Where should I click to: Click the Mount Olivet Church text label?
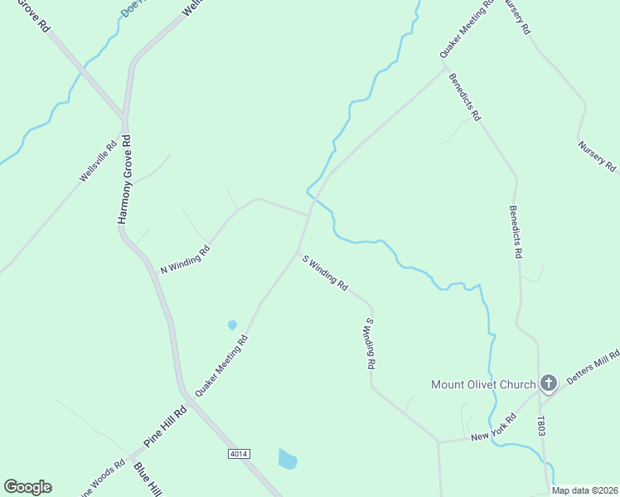tap(483, 384)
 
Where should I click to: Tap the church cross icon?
tap(548, 384)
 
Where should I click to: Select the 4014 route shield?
tap(238, 455)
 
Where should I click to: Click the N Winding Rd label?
tap(185, 258)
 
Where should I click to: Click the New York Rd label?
tap(493, 428)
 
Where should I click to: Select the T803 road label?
tap(541, 427)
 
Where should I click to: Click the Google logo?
tap(27, 487)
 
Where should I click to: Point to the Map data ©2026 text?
tap(585, 490)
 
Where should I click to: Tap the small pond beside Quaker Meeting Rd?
tap(232, 325)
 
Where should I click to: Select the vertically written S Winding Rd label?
tap(371, 342)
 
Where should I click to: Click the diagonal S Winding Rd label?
tap(325, 272)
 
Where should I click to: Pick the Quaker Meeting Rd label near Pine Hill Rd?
tap(221, 364)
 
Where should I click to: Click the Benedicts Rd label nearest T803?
tap(515, 232)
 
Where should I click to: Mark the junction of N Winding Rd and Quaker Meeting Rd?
tap(308, 215)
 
